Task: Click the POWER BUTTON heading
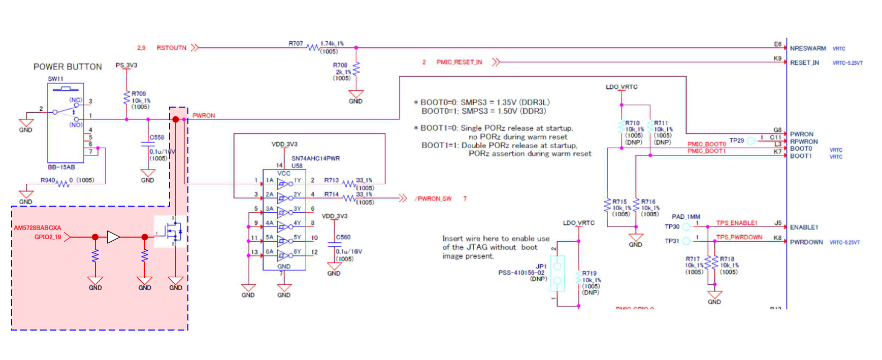tap(68, 67)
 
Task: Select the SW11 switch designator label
tap(55, 79)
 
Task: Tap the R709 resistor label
tap(139, 93)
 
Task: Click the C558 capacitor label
tap(156, 137)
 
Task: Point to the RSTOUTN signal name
tap(171, 48)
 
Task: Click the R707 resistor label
tap(296, 44)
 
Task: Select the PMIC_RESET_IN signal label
tap(459, 62)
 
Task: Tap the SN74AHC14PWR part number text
tap(315, 158)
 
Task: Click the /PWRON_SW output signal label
tap(433, 199)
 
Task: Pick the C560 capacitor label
tap(343, 237)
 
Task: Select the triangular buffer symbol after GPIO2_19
tap(113, 237)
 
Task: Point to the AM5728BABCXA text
tap(37, 228)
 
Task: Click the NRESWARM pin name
tap(807, 48)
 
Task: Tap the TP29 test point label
tap(736, 140)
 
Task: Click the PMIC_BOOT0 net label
tap(706, 144)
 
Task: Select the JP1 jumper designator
tap(541, 266)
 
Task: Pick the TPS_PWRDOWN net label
tap(739, 237)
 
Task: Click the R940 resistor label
tap(48, 180)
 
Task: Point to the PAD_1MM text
tap(685, 217)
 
